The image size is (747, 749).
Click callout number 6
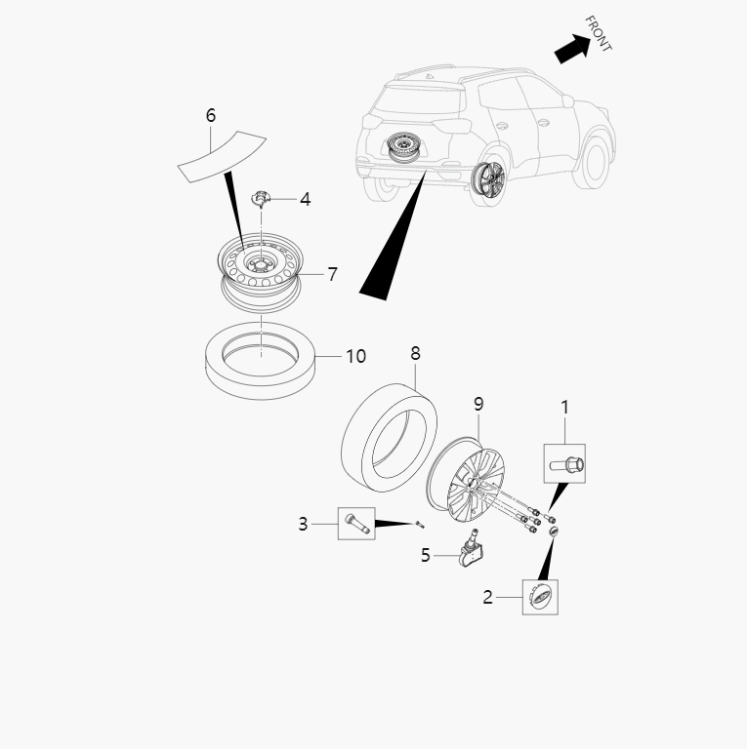coord(211,116)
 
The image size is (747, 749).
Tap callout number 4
coord(305,199)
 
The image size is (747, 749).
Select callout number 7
coord(332,274)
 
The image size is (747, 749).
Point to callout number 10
coord(355,356)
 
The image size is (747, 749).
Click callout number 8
coord(415,353)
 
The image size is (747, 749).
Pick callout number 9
coord(478,404)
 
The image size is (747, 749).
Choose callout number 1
coord(564,408)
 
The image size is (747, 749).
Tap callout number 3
coord(303,524)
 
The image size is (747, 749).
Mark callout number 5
coord(426,555)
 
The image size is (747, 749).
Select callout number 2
coord(487,597)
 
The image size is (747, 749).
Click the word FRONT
coord(599,33)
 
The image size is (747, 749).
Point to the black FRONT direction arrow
coord(572,48)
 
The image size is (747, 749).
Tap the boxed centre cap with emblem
coord(540,597)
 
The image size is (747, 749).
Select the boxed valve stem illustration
coord(356,524)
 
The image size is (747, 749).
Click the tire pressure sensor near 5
coord(469,549)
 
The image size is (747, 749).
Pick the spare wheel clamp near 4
coord(260,198)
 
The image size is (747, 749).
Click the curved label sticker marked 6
coord(222,157)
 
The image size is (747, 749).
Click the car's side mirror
coord(567,100)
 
